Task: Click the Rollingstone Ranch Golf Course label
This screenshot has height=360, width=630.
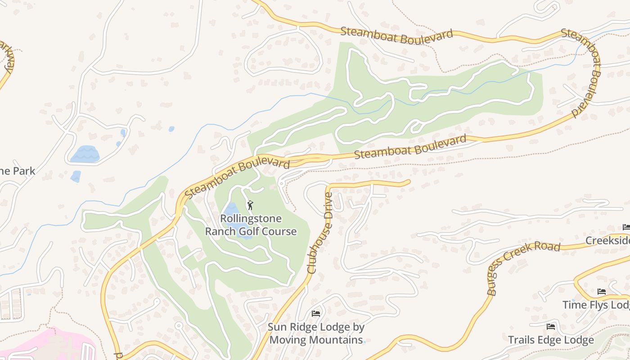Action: tap(251, 225)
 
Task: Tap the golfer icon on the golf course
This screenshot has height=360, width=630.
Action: tap(251, 206)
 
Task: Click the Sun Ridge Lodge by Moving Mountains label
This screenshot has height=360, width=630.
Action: tap(316, 333)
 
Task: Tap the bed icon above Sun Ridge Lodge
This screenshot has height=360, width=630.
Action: tap(316, 313)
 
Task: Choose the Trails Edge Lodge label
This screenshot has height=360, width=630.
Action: tap(551, 340)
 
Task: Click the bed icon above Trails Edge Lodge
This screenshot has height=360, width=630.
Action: tap(551, 326)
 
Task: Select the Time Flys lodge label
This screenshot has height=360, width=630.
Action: tap(596, 305)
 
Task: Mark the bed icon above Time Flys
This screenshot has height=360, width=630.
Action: tap(601, 292)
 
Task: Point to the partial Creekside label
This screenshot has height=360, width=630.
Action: tap(607, 241)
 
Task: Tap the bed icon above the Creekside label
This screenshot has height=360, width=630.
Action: tap(626, 227)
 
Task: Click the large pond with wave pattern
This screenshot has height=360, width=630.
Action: tap(85, 154)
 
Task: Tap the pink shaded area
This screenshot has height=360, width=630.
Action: tap(49, 344)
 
